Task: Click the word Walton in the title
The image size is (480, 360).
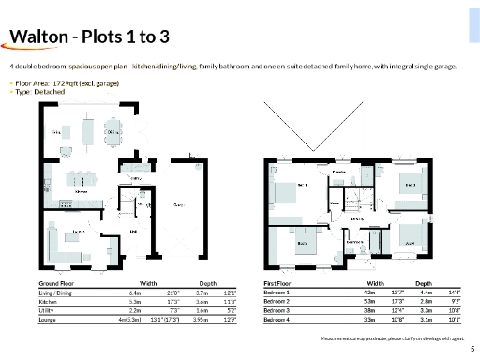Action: click(37, 37)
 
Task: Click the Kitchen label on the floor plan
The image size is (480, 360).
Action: click(82, 190)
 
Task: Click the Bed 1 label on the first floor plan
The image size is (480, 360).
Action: click(302, 186)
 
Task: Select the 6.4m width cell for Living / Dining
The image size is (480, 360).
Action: click(134, 292)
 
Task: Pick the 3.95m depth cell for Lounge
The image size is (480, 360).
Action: click(199, 320)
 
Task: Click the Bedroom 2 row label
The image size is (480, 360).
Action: click(278, 301)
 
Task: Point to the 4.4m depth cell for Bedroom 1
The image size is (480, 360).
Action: click(421, 292)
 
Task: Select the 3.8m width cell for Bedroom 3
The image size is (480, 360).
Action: click(367, 310)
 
